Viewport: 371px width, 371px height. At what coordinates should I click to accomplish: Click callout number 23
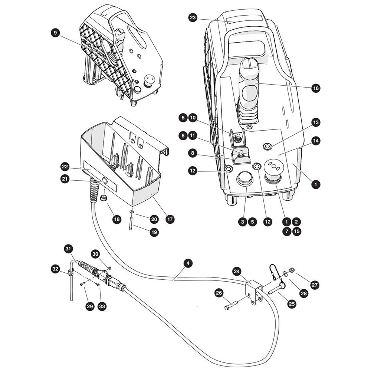193,18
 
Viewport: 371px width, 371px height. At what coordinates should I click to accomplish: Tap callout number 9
55,32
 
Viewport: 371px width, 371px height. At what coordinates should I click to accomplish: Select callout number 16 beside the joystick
316,88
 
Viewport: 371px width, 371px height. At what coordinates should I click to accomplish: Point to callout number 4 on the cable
188,263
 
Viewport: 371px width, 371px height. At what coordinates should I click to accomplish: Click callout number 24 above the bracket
237,272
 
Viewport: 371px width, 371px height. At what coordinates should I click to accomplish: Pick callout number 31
68,249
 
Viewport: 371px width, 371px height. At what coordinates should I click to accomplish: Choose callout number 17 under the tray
170,219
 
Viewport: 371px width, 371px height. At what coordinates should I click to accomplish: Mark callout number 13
316,122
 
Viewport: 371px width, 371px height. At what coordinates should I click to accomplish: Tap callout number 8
193,153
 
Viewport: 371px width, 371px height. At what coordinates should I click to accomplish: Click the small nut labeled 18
103,198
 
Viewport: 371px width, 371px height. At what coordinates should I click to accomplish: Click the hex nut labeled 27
292,270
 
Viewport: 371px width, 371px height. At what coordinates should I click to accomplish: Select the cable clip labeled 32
70,273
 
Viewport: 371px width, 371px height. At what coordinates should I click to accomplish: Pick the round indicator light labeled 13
267,147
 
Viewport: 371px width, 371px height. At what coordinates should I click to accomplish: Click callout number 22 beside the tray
65,167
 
